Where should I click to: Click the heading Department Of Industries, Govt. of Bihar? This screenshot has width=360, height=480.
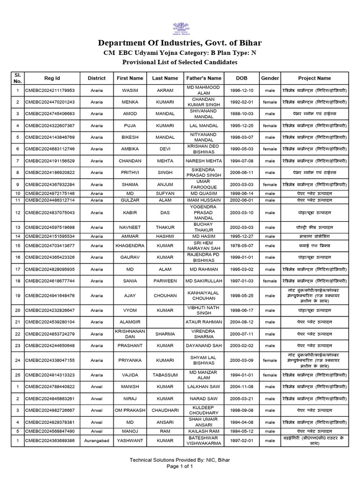coord(180,44)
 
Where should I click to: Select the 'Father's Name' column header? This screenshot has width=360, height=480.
coord(203,78)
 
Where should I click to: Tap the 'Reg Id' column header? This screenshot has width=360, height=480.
coord(52,78)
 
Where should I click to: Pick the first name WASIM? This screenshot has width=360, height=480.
coord(130,90)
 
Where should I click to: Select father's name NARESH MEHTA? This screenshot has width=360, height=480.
coord(203,161)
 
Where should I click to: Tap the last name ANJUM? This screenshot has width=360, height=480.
coord(165,185)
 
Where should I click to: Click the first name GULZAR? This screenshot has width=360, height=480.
coord(130,200)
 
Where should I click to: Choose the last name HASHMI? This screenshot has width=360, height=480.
coord(165,236)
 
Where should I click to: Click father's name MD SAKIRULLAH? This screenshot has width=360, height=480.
coord(203,281)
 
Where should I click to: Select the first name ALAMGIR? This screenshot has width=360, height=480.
coord(130,322)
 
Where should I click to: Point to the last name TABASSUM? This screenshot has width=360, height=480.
coord(165,375)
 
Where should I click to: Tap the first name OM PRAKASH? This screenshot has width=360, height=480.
coord(130,410)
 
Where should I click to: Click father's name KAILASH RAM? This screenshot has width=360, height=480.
coord(203,430)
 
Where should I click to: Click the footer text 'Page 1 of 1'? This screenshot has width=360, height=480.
coord(180,467)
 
